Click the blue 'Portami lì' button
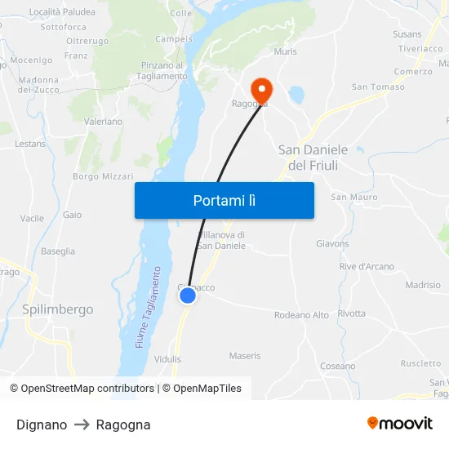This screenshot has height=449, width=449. (x=224, y=200)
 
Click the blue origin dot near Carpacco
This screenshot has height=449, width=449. (x=188, y=296)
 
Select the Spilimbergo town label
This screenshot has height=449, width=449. (x=58, y=309)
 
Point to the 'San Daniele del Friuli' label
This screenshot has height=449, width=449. (x=313, y=158)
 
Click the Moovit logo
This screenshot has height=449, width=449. (x=399, y=424)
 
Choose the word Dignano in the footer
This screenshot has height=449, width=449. (x=42, y=425)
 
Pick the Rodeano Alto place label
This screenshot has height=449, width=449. (x=301, y=315)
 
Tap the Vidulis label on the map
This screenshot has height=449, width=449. (x=167, y=359)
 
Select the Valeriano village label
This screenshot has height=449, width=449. (x=103, y=122)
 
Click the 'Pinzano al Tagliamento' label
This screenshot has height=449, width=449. (x=163, y=71)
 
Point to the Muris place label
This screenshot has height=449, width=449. (x=286, y=51)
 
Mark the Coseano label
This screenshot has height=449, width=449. (x=338, y=367)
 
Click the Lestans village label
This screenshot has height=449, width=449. (x=30, y=144)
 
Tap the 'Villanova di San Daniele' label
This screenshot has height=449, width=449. (x=220, y=240)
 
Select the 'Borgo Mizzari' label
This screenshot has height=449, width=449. (x=103, y=176)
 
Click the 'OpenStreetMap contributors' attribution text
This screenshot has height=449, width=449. (x=87, y=389)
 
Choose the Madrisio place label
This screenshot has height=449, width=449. (x=423, y=286)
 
